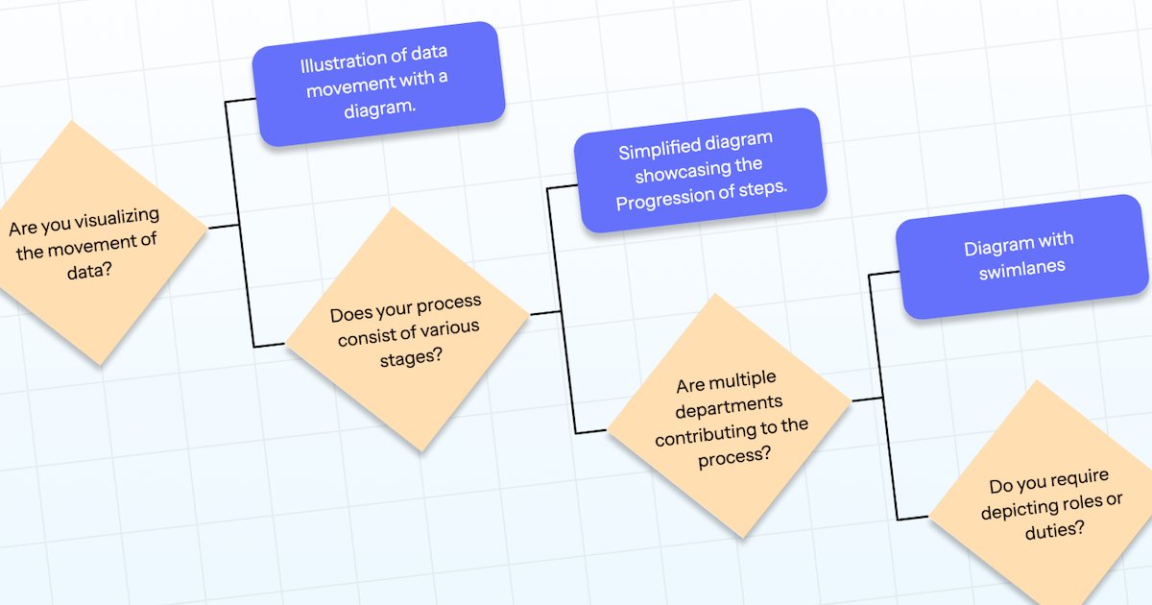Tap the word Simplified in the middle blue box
tap(659, 151)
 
